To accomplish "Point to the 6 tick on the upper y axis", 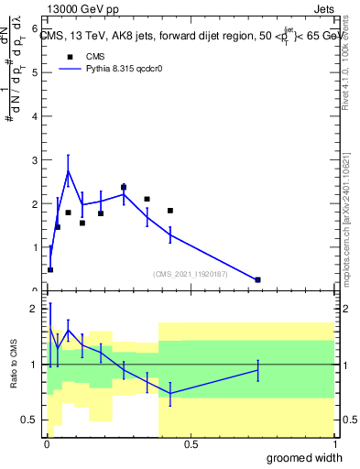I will coord(34,28).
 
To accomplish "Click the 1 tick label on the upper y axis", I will coord(34,247).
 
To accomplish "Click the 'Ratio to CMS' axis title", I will coord(14,365).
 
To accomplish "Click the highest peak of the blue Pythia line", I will coord(68,171).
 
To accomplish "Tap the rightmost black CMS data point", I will coord(258,279).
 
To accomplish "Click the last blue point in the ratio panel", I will coord(258,369).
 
